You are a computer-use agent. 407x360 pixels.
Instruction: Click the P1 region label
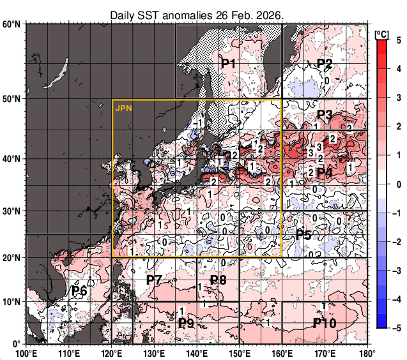229,64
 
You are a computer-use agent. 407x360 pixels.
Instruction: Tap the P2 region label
325,64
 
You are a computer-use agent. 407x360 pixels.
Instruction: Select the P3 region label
325,116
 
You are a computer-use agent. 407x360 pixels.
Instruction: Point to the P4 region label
325,172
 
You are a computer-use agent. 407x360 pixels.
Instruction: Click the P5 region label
303,235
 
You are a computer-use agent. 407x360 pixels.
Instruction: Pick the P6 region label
79,291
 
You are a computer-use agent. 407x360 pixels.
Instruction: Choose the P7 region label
154,280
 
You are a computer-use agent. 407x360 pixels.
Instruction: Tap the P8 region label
219,280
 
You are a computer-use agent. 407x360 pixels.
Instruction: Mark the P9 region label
186,323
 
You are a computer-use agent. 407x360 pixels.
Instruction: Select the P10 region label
325,323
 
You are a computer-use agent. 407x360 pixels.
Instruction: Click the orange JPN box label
123,109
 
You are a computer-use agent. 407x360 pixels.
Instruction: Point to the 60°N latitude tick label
12,24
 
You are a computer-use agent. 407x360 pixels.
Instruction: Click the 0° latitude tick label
17,344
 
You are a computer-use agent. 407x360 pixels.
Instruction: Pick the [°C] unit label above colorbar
381,33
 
